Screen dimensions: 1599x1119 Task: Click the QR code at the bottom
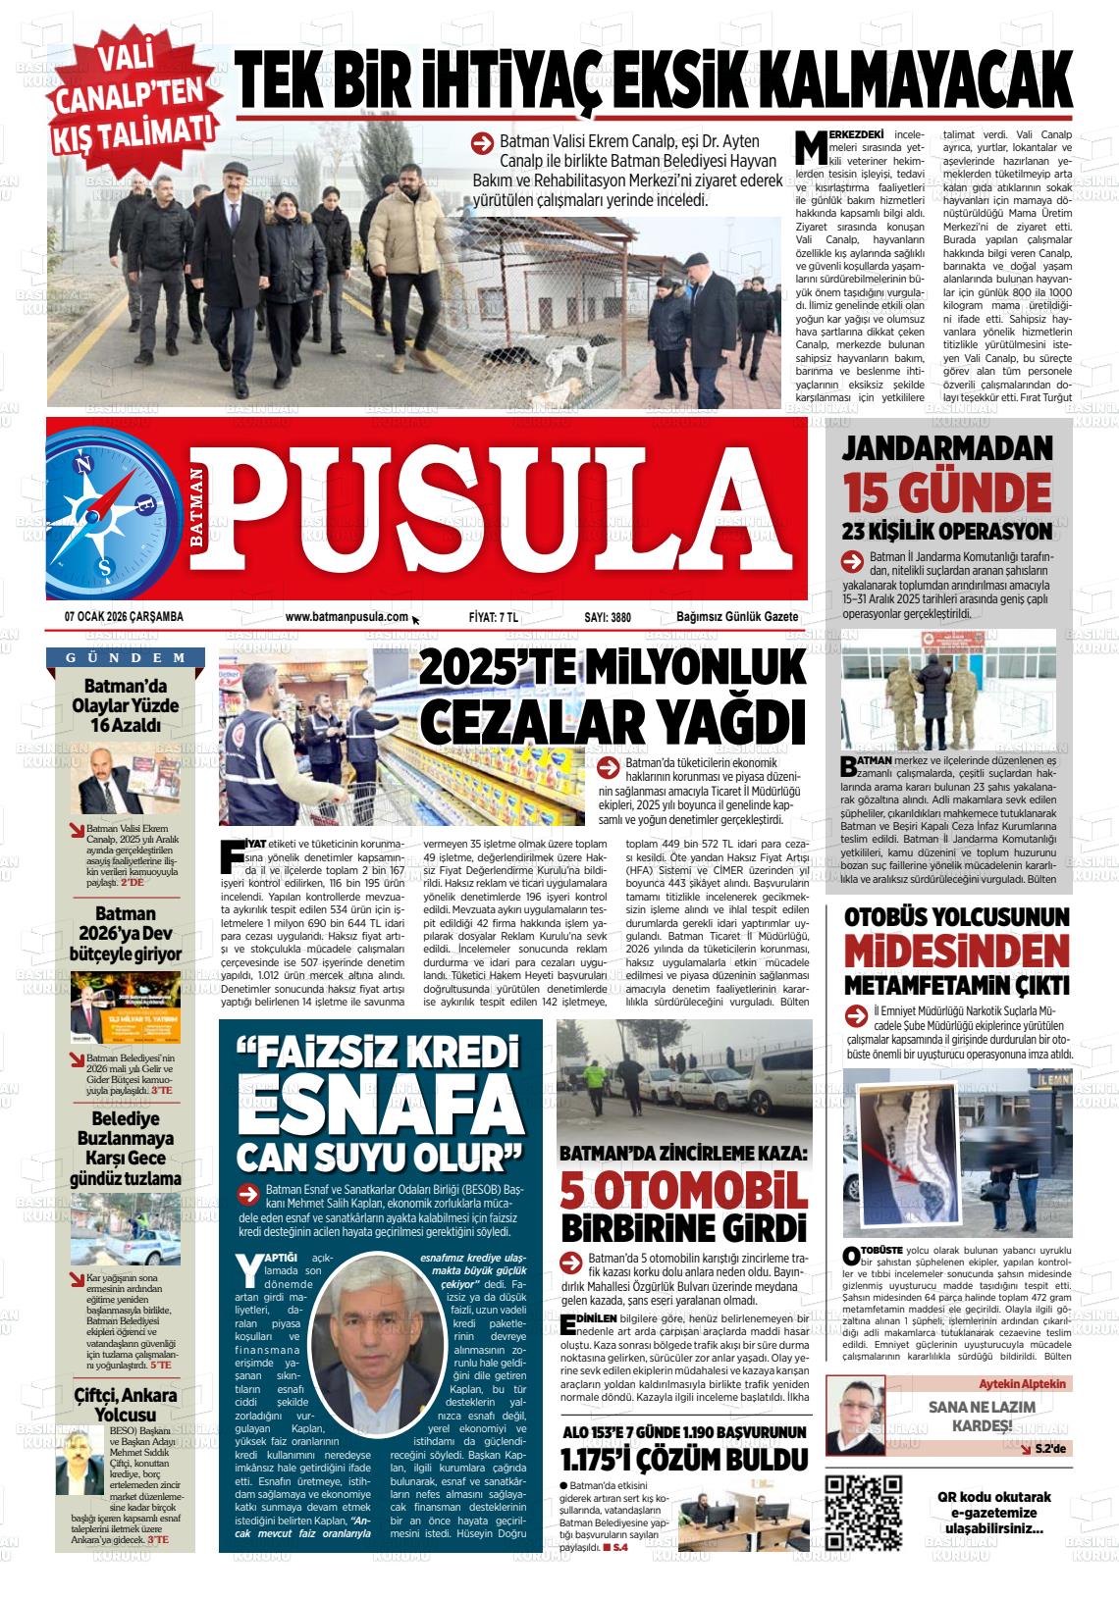point(863,1512)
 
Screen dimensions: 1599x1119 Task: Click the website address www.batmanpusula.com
point(346,617)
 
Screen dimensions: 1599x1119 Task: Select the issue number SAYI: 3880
point(607,617)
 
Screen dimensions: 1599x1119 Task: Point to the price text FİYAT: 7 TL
point(493,617)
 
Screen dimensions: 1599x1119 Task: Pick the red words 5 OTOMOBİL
point(684,1190)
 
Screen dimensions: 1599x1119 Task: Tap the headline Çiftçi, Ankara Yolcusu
point(126,1405)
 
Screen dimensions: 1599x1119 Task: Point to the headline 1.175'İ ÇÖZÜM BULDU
point(683,1461)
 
